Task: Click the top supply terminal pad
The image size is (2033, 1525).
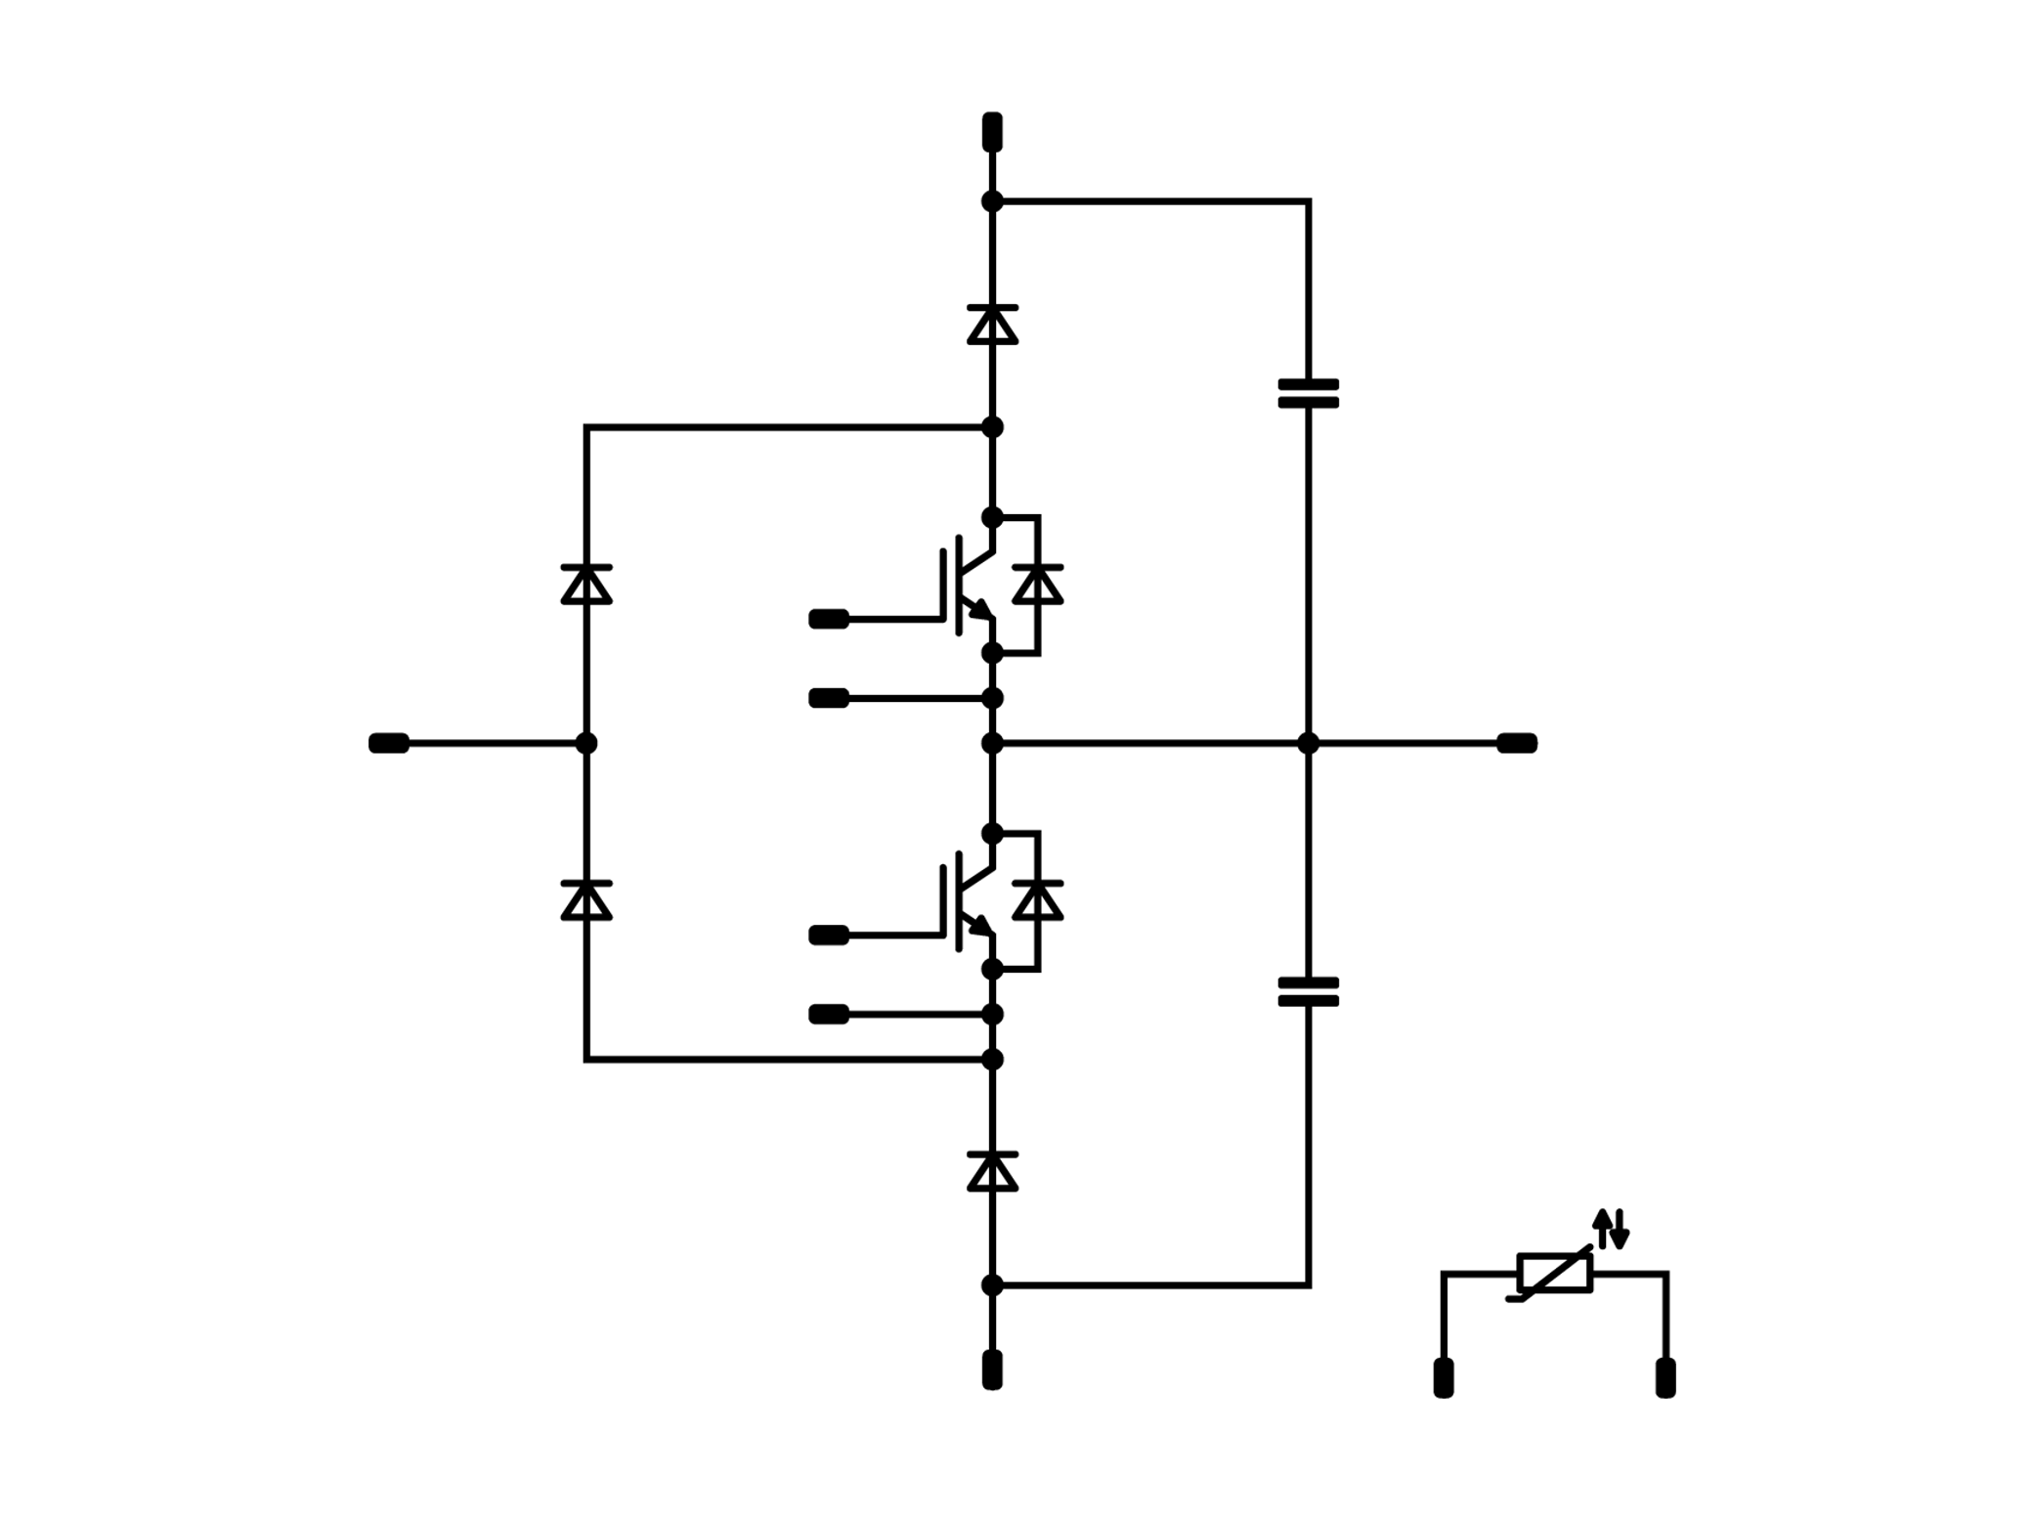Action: (x=992, y=131)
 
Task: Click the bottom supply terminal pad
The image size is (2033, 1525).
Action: (x=992, y=1369)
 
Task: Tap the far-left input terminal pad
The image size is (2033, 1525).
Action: (x=389, y=743)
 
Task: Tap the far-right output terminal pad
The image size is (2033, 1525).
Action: (x=1517, y=743)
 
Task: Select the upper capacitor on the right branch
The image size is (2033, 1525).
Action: (x=1308, y=393)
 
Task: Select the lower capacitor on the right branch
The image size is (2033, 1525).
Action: (x=1308, y=991)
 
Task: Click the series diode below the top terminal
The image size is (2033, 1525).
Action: (x=992, y=325)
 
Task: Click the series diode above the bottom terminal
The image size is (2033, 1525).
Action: (x=992, y=1171)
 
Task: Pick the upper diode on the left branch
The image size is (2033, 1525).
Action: (x=586, y=585)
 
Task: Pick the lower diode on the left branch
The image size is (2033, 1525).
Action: (x=586, y=900)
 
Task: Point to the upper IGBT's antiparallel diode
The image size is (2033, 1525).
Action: (x=1038, y=585)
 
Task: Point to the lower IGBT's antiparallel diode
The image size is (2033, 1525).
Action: (x=1038, y=900)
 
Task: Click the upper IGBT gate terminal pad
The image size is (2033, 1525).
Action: (x=829, y=619)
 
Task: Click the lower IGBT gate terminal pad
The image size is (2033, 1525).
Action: (x=829, y=936)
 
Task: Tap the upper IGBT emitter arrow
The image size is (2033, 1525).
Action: (x=979, y=610)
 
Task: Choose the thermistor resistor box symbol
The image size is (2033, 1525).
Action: (x=1554, y=1273)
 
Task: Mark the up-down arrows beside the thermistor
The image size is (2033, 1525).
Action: (x=1611, y=1229)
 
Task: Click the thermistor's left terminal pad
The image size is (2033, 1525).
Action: (x=1443, y=1377)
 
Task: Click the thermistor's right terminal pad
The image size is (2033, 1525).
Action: (x=1665, y=1377)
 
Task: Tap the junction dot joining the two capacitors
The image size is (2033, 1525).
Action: (x=1308, y=743)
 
